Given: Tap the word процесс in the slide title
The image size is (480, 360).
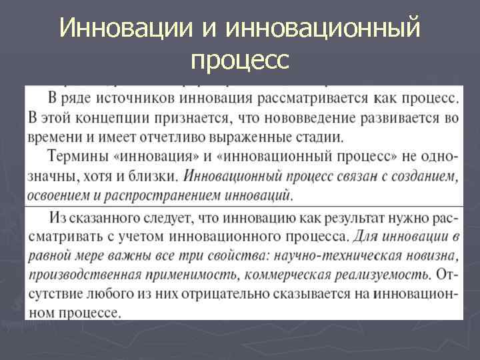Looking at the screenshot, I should tap(239, 61).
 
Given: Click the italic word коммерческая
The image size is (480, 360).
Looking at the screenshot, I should tap(297, 275).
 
